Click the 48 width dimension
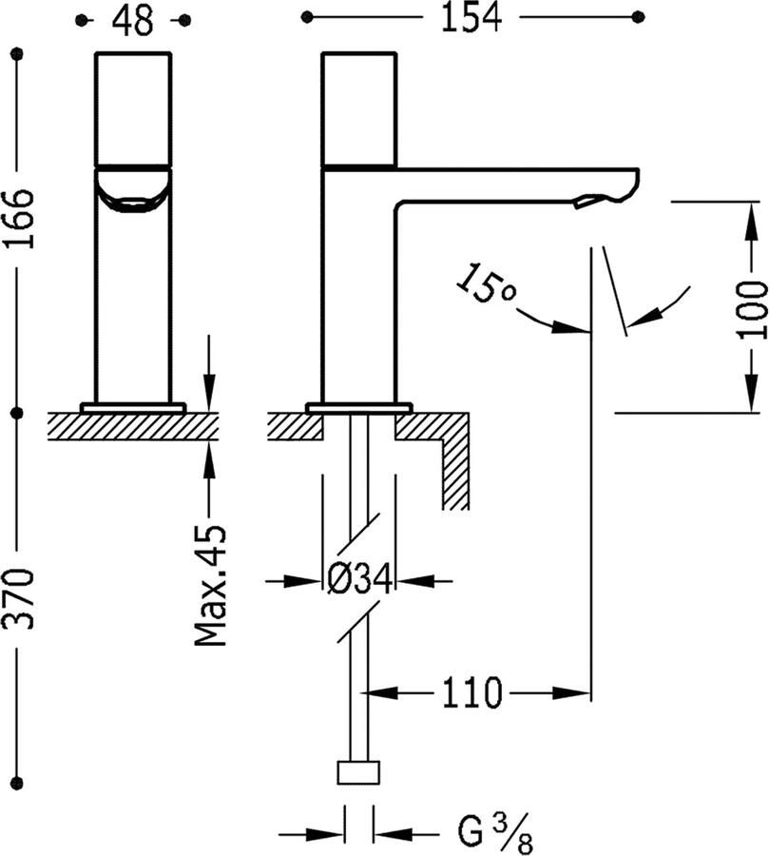[x=133, y=20]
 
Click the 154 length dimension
[x=471, y=18]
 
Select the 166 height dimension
[x=19, y=219]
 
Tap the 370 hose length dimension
[x=19, y=599]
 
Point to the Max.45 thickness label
[x=211, y=585]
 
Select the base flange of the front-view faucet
[x=133, y=407]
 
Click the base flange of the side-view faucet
[x=358, y=407]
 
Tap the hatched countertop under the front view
[x=133, y=424]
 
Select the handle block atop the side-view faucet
[x=358, y=109]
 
